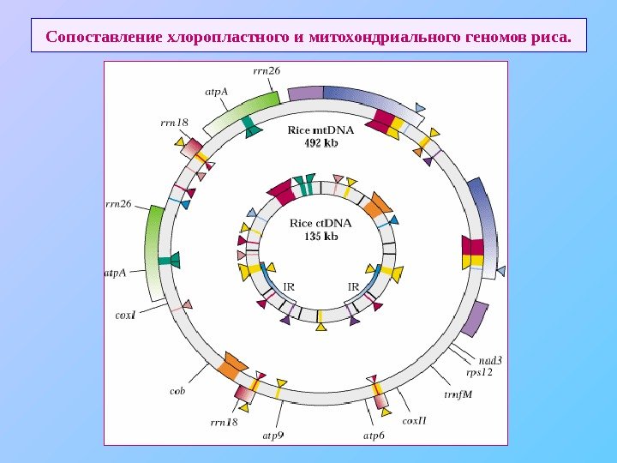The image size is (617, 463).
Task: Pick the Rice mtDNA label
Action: pos(321,131)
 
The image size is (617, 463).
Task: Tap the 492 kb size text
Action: pos(321,143)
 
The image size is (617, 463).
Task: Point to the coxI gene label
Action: pos(126,315)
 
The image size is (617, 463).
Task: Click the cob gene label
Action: pos(177,391)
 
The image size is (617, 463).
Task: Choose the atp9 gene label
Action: pos(273,435)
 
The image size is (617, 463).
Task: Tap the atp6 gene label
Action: pos(374,435)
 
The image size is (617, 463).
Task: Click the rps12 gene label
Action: pos(479,372)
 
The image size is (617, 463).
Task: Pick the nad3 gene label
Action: pos(490,360)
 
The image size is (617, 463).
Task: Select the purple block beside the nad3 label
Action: pos(474,320)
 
